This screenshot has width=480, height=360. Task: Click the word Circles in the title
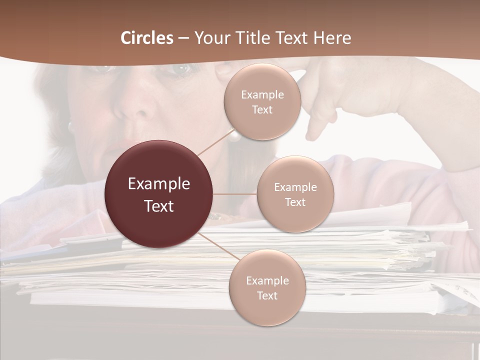147,38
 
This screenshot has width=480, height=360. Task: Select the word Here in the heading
332,38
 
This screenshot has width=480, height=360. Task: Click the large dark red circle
159,194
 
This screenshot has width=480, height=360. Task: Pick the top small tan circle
262,101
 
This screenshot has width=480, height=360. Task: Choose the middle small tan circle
295,194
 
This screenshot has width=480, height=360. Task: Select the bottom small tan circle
267,287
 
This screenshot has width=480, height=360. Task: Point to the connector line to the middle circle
235,194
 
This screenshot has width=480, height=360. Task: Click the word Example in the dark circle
159,184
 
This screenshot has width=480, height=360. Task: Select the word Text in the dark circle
159,206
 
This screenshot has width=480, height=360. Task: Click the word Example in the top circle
262,95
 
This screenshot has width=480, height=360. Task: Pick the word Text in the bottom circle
267,295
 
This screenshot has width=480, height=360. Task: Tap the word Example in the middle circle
295,187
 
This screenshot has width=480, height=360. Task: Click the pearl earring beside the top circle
233,134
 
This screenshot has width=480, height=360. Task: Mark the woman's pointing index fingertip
314,135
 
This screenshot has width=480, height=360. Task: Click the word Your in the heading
210,38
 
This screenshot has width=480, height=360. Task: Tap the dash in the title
183,38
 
